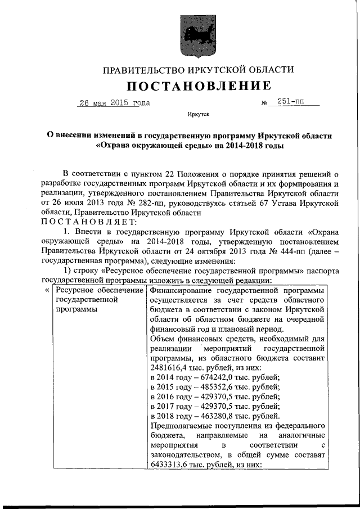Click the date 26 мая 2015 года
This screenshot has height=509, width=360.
(x=114, y=103)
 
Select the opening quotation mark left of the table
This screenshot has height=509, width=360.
(x=46, y=290)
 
